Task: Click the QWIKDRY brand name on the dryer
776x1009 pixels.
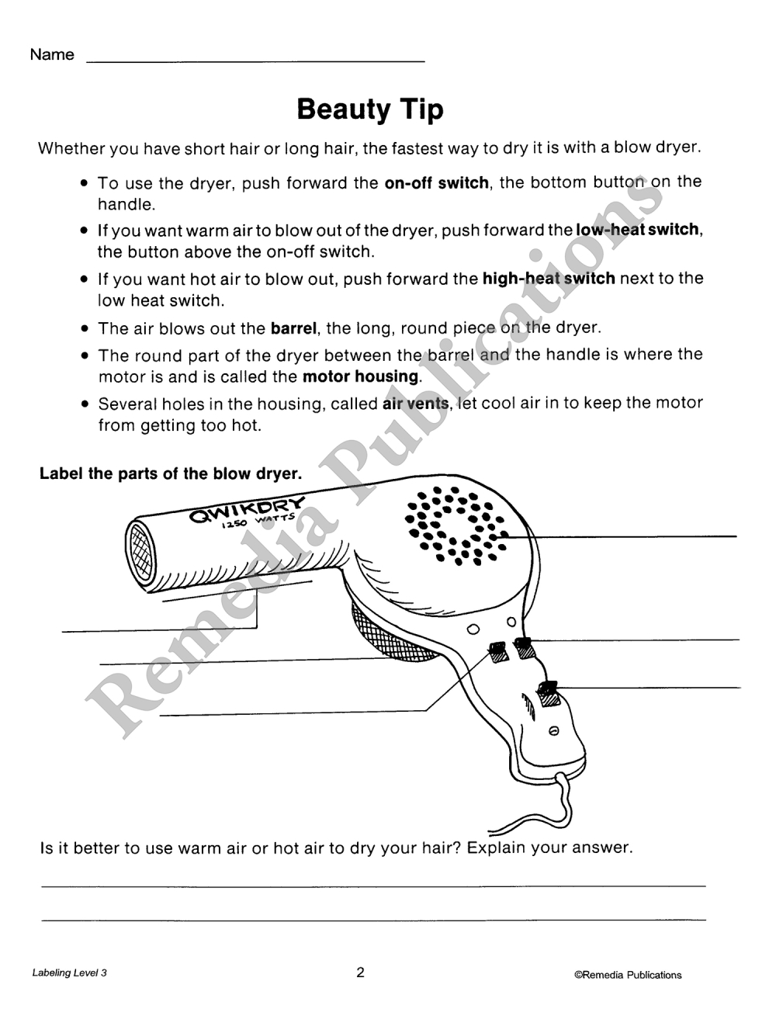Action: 248,509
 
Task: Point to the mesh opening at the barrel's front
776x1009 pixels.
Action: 140,553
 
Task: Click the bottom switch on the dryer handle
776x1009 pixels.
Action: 549,692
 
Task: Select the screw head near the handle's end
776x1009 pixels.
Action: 553,731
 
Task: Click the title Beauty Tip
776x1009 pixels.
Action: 370,109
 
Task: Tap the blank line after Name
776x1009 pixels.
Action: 256,59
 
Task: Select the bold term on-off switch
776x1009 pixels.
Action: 436,183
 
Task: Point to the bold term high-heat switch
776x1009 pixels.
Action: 549,278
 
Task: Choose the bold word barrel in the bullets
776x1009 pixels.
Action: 294,328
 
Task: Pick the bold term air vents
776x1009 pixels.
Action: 415,404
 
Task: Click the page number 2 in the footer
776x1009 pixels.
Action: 360,973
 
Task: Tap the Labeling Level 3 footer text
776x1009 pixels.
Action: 70,973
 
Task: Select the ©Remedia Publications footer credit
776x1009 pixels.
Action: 628,975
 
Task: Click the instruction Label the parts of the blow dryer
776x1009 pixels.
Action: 171,473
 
